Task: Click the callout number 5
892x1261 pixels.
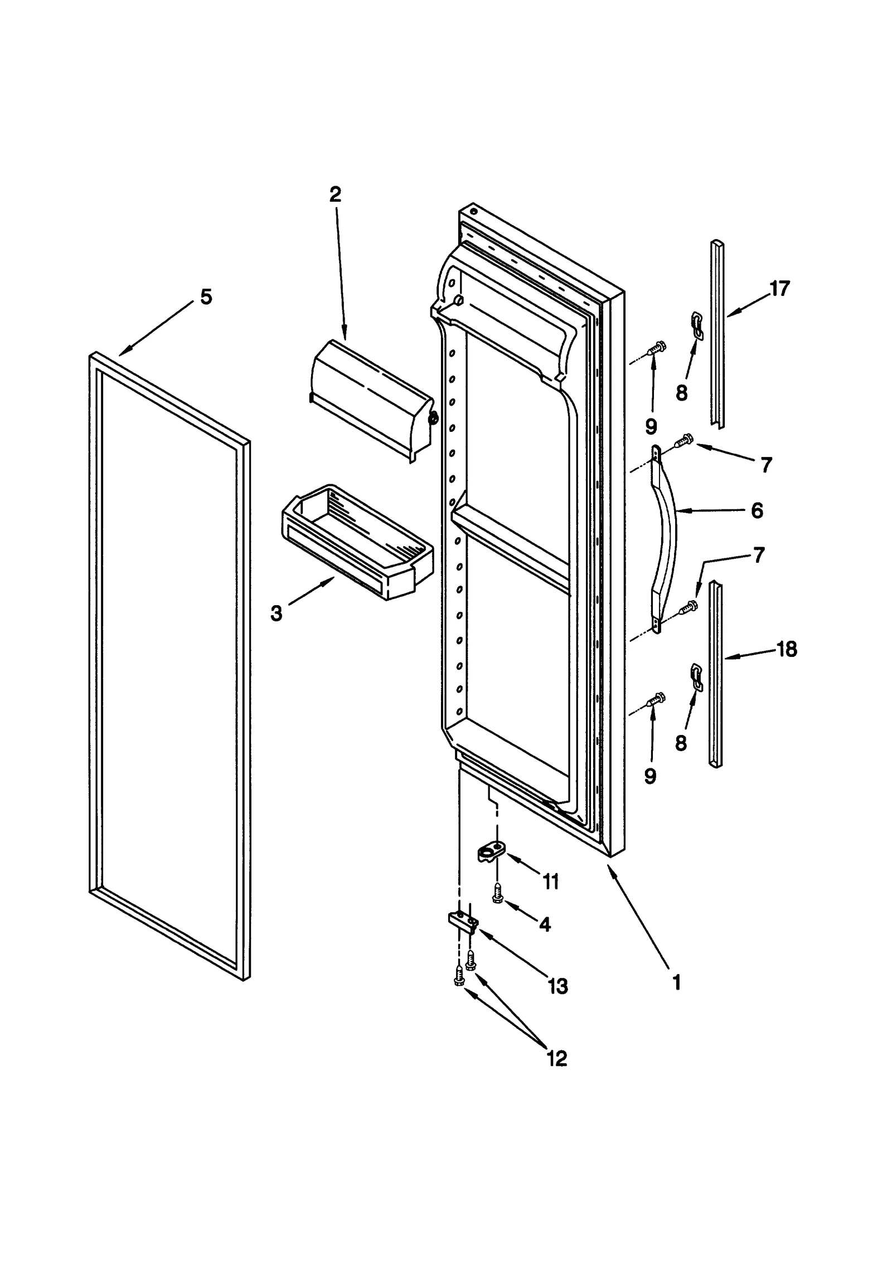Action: tap(206, 297)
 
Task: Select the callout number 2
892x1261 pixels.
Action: tap(335, 194)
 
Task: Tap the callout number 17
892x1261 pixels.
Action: tap(779, 289)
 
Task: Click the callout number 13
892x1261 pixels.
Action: tap(557, 986)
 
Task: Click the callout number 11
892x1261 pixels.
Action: tap(550, 882)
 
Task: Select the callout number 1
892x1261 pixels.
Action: tap(676, 983)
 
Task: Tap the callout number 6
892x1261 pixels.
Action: tap(757, 510)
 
